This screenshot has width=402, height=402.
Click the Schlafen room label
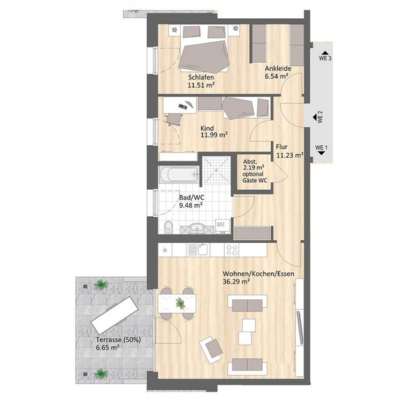201,77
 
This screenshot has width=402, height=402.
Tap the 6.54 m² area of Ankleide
276,76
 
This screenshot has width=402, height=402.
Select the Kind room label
207,128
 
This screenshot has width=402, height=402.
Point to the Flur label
282,147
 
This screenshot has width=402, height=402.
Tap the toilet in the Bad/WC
168,227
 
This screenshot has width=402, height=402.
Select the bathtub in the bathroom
179,174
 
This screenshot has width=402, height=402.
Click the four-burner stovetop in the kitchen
232,250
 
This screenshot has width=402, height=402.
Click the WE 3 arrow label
325,56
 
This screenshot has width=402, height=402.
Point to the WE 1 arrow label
322,150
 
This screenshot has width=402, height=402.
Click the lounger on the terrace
115,315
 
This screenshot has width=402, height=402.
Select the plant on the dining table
181,303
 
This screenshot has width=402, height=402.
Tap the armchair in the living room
211,350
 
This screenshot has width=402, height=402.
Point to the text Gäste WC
255,180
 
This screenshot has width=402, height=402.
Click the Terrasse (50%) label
118,340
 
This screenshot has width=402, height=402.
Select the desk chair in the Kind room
174,119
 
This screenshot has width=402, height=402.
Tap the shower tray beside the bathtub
216,170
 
